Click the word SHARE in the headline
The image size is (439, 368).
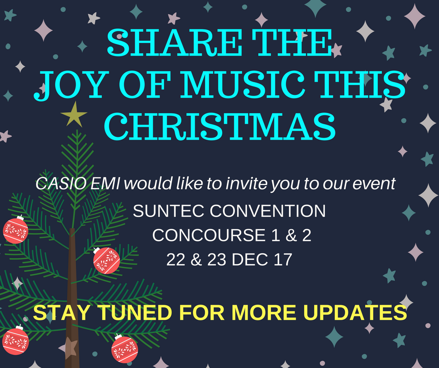click(174, 43)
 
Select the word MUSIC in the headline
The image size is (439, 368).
click(244, 84)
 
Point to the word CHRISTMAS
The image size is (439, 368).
click(220, 126)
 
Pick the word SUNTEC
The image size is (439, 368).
click(168, 211)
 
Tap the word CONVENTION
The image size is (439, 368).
click(268, 211)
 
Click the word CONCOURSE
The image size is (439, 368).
click(209, 235)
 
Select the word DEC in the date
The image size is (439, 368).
click(250, 259)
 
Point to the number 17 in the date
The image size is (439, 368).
click(283, 259)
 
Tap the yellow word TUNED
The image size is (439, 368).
click(135, 312)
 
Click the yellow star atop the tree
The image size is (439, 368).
click(74, 114)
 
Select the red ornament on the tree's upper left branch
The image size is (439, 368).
click(16, 230)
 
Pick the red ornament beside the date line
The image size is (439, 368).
click(106, 261)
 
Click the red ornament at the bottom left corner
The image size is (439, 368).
click(15, 340)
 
